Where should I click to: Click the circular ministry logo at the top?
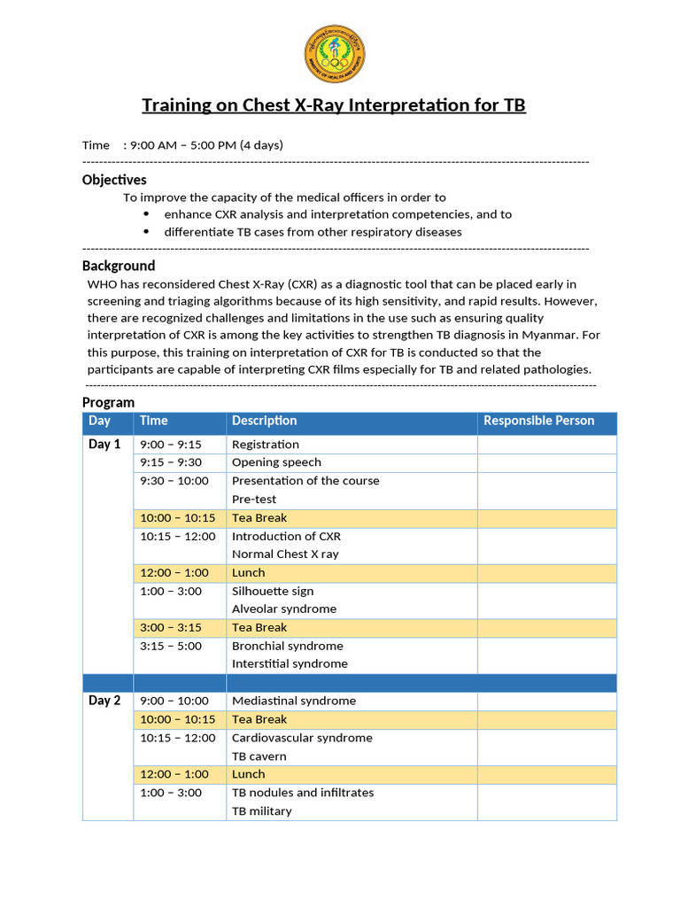pos(334,51)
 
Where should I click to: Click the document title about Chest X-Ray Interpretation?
pos(334,105)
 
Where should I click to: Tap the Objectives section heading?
pos(114,180)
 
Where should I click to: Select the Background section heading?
pos(119,266)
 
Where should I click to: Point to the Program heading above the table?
pos(108,402)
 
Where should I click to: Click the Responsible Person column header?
pos(538,421)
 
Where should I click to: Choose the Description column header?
pos(264,421)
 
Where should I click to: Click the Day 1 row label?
pos(104,445)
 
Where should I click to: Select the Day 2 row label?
pos(104,701)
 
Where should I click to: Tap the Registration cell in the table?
pos(265,445)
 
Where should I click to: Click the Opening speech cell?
pos(276,462)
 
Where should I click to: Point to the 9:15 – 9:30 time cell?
pos(171,462)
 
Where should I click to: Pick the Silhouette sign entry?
pos(273,591)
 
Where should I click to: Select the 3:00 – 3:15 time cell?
pos(171,627)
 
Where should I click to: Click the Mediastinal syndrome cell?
pos(294,701)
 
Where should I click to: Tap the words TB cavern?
pos(259,756)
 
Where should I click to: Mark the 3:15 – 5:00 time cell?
pos(171,646)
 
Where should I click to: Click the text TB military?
pos(261,811)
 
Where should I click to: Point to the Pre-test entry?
pos(254,500)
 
